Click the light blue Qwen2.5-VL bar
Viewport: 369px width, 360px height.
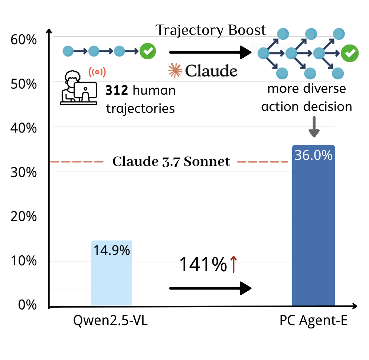tap(111, 278)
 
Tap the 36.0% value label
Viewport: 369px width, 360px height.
tap(313, 155)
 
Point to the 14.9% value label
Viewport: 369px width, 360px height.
tap(111, 251)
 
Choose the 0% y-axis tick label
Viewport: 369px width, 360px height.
tap(27, 305)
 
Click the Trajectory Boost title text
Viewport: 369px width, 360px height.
tap(210, 30)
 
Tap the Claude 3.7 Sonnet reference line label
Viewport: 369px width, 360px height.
tap(171, 162)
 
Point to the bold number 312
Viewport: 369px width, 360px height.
tap(117, 90)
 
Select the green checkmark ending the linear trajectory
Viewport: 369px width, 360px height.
tap(148, 51)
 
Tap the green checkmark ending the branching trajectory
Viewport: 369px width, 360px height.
tap(350, 53)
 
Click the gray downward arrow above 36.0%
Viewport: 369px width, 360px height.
tap(314, 127)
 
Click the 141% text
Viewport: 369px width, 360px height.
tap(203, 265)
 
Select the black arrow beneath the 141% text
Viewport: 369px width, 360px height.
tap(210, 288)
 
